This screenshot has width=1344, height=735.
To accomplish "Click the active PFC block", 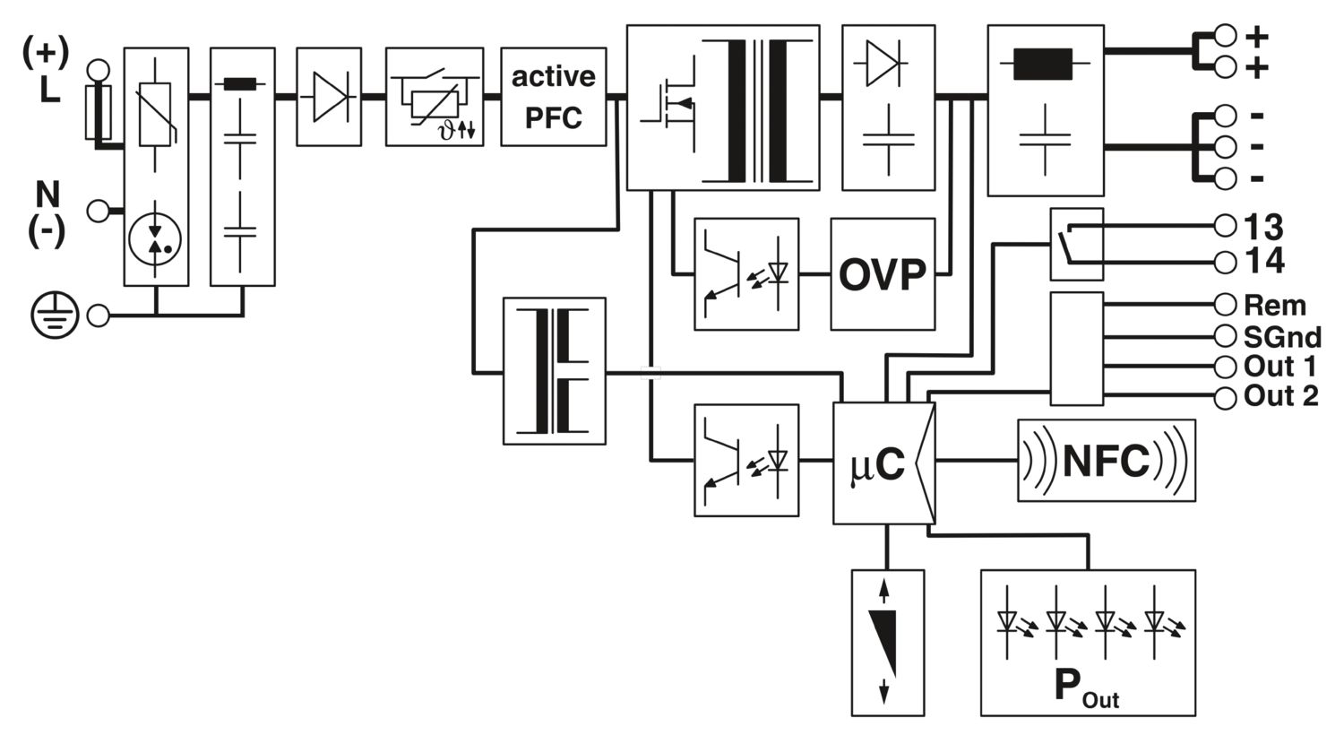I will (x=553, y=96).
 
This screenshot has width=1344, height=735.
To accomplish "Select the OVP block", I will (x=882, y=273).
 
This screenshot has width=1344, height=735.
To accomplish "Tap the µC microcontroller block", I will (x=883, y=463).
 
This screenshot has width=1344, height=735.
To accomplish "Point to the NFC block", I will (x=1106, y=461).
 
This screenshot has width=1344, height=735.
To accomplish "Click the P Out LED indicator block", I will (x=1088, y=643).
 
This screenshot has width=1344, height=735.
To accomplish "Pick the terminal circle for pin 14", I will (x=1226, y=262).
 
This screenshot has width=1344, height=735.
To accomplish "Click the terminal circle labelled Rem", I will (x=1226, y=305).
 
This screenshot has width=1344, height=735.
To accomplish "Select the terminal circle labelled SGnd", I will (x=1226, y=336).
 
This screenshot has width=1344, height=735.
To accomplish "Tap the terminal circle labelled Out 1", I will (x=1226, y=367).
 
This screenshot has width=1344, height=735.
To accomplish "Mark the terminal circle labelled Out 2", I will (x=1226, y=397).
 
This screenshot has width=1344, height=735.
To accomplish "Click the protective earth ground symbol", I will (x=55, y=316).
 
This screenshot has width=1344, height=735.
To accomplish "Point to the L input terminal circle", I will (x=98, y=69).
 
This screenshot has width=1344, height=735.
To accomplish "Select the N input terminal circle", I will (x=98, y=212).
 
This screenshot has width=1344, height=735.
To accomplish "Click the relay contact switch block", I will (x=1076, y=244).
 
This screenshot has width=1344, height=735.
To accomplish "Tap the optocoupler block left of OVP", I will (x=746, y=273).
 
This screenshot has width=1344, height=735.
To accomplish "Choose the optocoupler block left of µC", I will (x=746, y=460).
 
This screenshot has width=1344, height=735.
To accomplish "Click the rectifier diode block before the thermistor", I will (x=328, y=96).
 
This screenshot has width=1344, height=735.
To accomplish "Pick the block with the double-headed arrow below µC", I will (x=886, y=643).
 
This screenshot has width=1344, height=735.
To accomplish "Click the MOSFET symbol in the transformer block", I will (x=668, y=106).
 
